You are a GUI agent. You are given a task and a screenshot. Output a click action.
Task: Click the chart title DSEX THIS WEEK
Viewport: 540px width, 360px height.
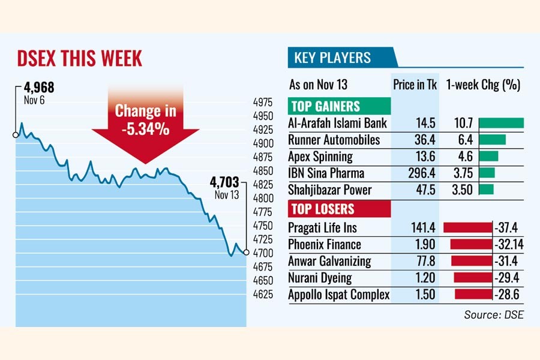click(79, 59)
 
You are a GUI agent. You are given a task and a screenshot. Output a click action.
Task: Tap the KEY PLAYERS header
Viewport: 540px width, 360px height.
click(332, 58)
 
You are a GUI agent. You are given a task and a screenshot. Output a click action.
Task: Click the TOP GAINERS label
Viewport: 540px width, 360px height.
click(325, 107)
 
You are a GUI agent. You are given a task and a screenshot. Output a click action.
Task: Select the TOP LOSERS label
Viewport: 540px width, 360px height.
click(322, 209)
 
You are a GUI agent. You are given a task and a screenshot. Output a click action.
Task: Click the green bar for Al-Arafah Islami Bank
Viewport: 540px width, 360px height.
click(502, 123)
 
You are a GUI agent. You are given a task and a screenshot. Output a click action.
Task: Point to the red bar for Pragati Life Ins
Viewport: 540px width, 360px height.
click(467, 227)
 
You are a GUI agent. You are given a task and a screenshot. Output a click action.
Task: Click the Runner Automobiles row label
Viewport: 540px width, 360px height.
click(334, 140)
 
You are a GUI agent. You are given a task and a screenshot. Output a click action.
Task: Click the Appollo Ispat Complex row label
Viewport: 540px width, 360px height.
click(339, 295)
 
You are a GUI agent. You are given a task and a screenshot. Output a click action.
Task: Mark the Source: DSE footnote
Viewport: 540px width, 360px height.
click(494, 314)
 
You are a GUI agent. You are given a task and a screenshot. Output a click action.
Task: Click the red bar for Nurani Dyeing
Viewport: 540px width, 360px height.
click(473, 278)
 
